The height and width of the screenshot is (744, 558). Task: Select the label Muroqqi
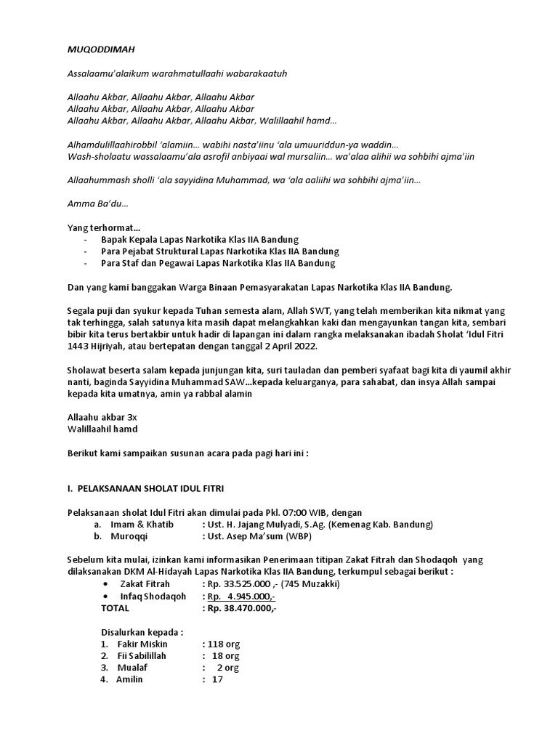129,537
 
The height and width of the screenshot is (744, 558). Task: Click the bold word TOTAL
116,607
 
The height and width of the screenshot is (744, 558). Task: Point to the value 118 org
225,644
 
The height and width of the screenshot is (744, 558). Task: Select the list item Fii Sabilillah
142,655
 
